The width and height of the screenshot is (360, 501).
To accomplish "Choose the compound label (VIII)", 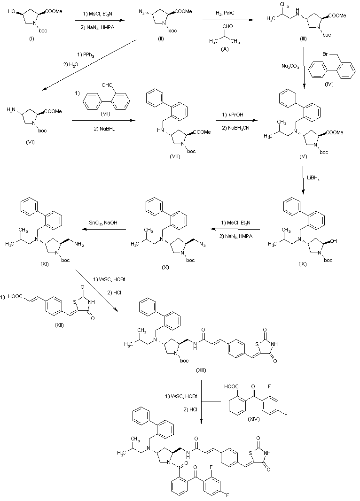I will point(175,155).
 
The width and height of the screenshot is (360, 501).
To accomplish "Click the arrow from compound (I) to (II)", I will point(102,20).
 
